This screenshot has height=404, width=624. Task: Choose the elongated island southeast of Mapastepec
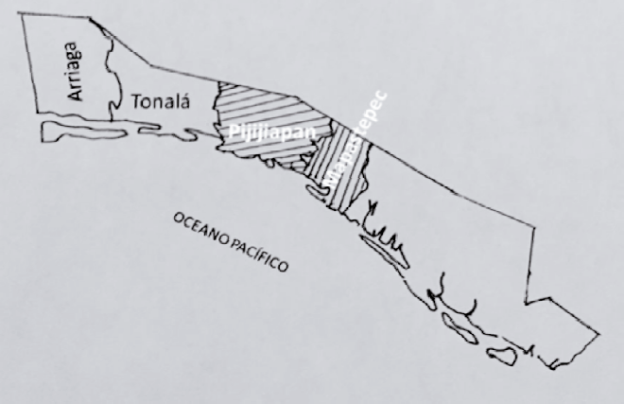point(382,249)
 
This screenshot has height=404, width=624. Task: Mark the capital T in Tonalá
point(138,100)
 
